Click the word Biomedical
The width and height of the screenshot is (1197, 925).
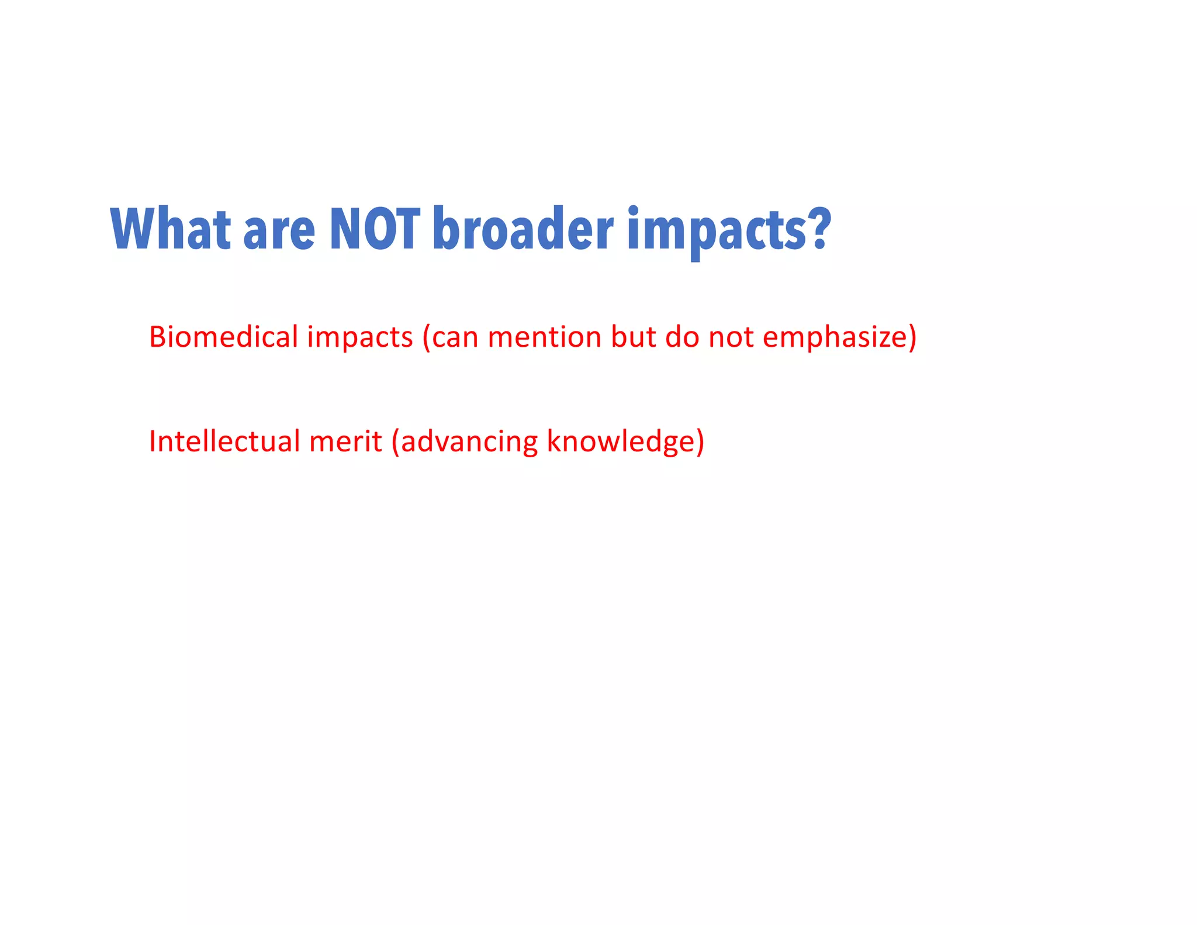(223, 337)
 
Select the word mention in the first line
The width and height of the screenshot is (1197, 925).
(544, 337)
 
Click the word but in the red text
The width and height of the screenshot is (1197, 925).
(633, 337)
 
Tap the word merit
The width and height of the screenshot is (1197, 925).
(345, 441)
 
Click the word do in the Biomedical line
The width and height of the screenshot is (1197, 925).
(682, 337)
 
